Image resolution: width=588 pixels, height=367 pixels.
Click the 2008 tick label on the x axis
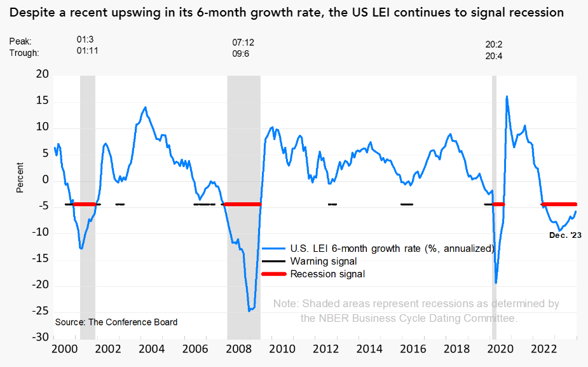point(239,349)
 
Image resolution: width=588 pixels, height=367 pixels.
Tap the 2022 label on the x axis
point(544,349)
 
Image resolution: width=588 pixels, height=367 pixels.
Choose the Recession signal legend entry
point(327,274)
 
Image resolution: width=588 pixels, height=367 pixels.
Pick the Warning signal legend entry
point(324,261)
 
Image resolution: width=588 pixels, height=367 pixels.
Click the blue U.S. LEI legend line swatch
point(273,248)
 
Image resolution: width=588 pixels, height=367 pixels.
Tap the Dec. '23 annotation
point(565,235)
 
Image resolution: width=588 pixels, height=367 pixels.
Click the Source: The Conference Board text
point(116,322)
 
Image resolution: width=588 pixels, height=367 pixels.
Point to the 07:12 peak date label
point(243,42)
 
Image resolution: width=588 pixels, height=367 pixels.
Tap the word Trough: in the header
point(24,53)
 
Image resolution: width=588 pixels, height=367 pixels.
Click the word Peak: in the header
point(20,41)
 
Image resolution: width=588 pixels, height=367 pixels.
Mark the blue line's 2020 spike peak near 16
point(507,97)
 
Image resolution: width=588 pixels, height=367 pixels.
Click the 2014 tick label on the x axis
point(370,349)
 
